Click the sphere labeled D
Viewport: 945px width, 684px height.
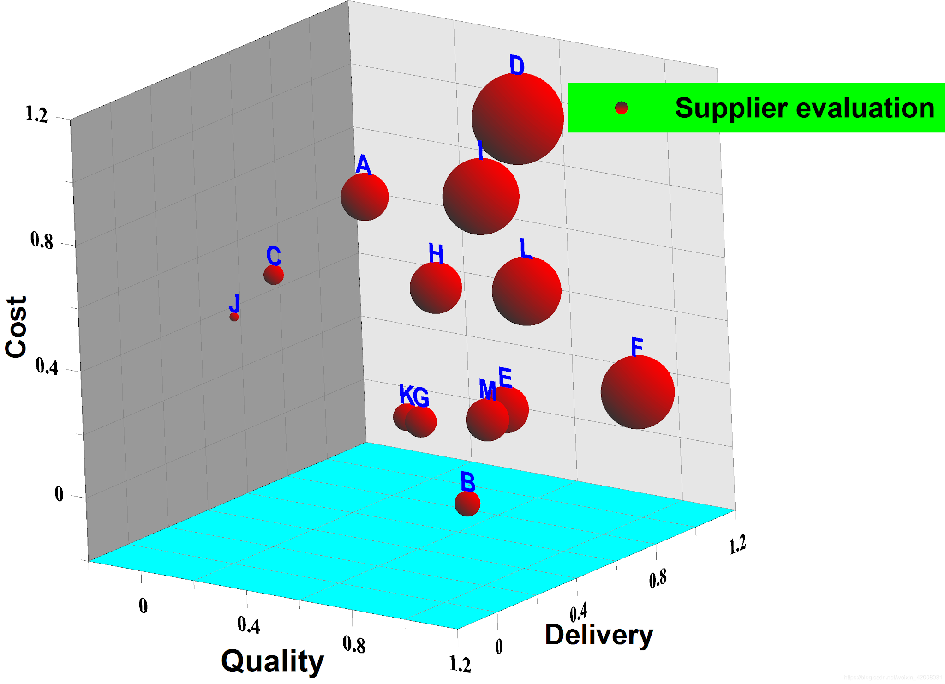[x=517, y=119]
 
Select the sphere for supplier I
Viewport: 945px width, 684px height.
[x=481, y=196]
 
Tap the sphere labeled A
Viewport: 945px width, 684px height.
[x=365, y=197]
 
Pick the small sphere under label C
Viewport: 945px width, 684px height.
[x=274, y=275]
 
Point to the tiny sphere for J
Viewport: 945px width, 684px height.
[x=234, y=317]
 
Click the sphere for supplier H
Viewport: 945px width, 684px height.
[x=436, y=288]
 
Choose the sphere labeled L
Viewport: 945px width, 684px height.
[x=526, y=291]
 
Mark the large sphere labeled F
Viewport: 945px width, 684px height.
[x=637, y=392]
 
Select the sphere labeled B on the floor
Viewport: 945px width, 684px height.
[x=467, y=503]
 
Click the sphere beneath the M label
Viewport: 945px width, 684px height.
[x=487, y=420]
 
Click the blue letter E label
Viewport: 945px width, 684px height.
[x=505, y=378]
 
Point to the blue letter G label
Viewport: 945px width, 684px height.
[x=421, y=397]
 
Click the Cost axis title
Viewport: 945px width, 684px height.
[x=17, y=327]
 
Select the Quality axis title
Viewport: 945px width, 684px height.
[x=272, y=661]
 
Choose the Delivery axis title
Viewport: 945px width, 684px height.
[x=599, y=635]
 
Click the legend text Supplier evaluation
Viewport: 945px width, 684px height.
[x=804, y=108]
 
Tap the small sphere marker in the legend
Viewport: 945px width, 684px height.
[x=622, y=108]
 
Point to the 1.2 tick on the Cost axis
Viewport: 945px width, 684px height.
[x=36, y=114]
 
